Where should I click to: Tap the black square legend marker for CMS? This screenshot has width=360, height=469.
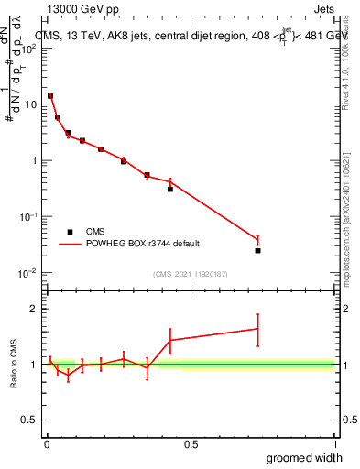pos(70,232)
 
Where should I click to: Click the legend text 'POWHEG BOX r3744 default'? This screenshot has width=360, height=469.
pos(144,244)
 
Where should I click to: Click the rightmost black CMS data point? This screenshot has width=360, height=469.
pos(258,250)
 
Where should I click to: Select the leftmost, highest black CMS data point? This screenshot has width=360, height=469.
pos(50,96)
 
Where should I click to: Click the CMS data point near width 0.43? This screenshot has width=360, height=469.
pos(170,189)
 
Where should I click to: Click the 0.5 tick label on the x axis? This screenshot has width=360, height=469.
pos(191,444)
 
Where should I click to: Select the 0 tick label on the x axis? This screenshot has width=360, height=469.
pos(47,444)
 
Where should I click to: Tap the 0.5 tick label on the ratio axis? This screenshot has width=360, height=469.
pos(29,420)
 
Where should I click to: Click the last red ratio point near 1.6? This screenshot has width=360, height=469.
pos(258,328)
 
